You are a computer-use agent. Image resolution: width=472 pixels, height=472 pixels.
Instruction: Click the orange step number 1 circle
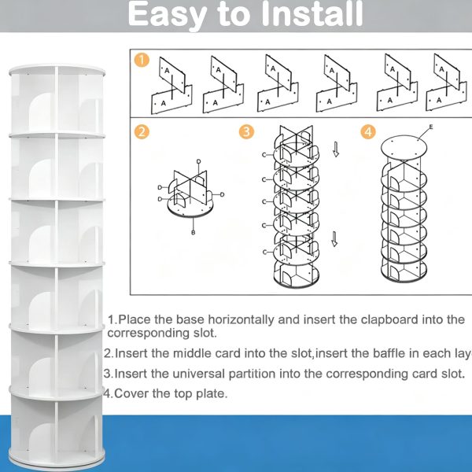pos(142,60)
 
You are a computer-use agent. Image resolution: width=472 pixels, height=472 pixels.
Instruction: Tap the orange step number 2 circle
pos(142,132)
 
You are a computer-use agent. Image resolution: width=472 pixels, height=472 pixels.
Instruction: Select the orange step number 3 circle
pos(246,132)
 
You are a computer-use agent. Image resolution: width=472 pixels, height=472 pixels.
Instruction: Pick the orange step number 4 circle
pos(368,132)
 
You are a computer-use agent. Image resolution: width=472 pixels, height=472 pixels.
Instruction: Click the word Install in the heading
pos(312,14)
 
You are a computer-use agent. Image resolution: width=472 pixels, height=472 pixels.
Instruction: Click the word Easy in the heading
pos(168,15)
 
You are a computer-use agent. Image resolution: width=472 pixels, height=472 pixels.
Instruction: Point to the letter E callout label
pos(431,127)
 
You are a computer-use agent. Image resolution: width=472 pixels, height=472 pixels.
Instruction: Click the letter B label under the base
pos(194,232)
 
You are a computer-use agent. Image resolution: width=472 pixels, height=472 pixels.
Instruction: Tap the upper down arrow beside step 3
pos(336,149)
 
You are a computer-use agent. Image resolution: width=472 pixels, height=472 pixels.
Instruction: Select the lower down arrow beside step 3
pos(334,239)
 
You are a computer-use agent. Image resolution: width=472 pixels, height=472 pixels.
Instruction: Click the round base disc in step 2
pos(190,208)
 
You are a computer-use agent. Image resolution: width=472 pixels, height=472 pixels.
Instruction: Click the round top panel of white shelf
pos(57,70)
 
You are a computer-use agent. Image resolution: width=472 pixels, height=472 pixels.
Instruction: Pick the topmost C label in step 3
pos(264,155)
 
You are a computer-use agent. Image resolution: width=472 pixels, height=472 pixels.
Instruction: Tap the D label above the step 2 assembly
pos(199,161)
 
